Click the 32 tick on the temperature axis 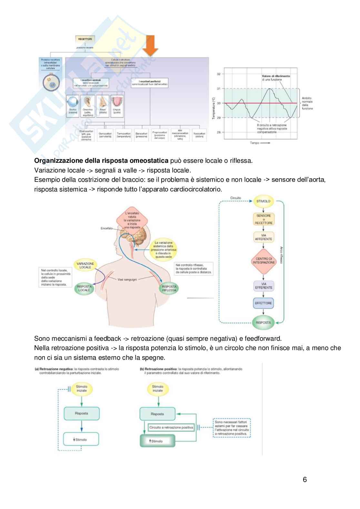[x=219, y=74]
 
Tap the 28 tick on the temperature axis [x=219, y=132]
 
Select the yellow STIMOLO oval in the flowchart [x=264, y=201]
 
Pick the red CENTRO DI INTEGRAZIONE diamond [x=264, y=260]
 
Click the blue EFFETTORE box [x=264, y=303]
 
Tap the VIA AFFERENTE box [x=264, y=237]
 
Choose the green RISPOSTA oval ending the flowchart [x=264, y=322]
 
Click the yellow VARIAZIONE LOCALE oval [x=85, y=265]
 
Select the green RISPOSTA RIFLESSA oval [x=169, y=288]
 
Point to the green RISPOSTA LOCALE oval [x=84, y=288]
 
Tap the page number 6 [x=305, y=480]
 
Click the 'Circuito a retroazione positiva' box [x=171, y=427]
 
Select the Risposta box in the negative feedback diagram [x=82, y=413]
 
